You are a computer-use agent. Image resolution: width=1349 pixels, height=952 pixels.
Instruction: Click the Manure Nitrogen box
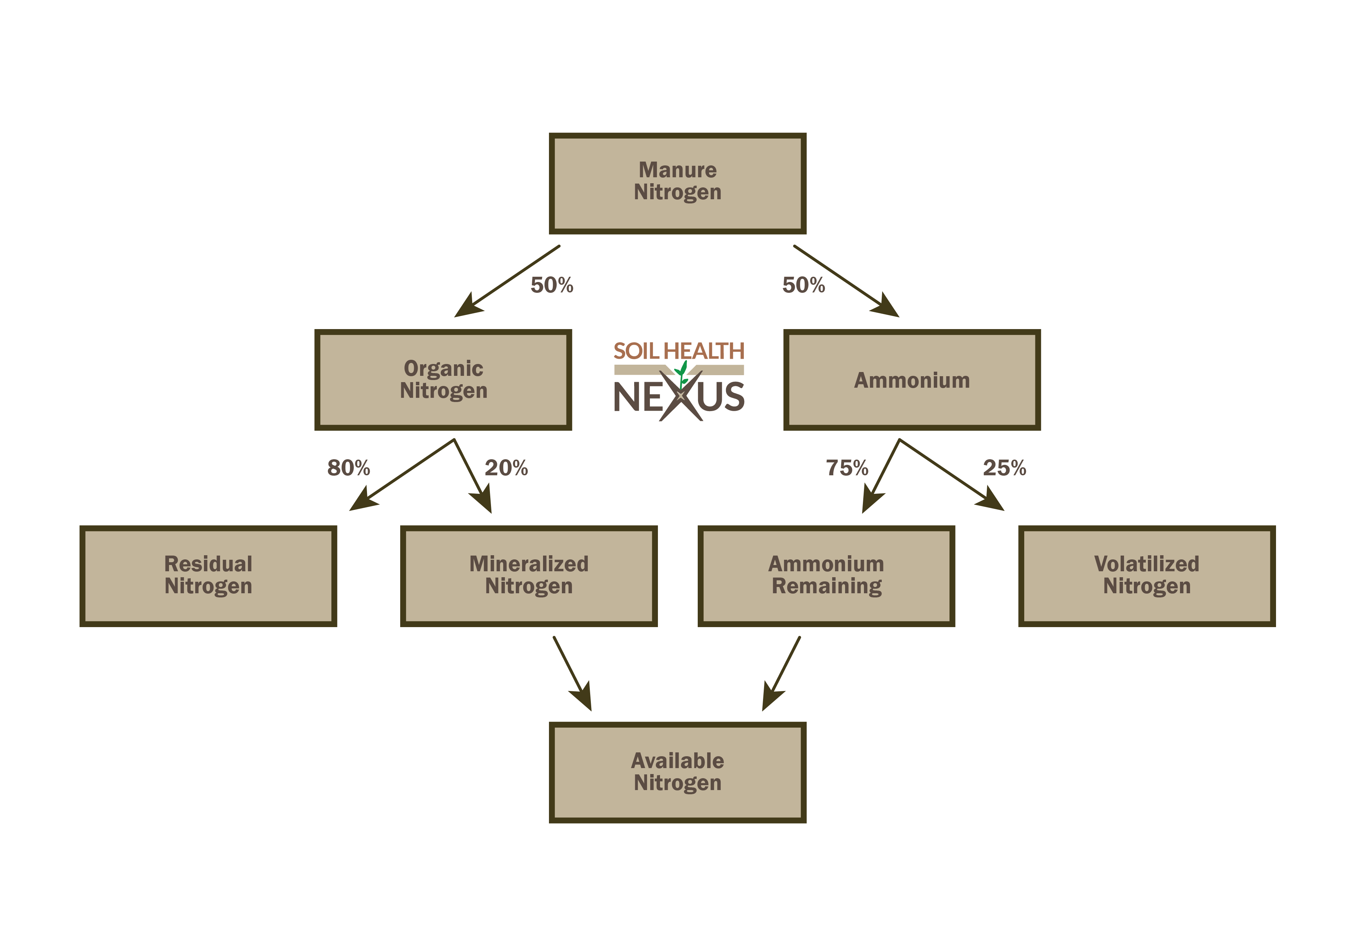[677, 183]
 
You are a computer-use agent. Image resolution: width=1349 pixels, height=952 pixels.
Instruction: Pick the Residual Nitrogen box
[208, 575]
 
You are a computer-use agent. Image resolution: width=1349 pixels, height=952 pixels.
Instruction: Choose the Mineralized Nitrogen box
[529, 575]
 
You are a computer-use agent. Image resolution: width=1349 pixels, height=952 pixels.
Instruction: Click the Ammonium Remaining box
[826, 575]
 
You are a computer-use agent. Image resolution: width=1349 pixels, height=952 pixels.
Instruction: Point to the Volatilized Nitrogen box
[1147, 575]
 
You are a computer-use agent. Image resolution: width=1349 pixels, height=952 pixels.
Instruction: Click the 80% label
[349, 468]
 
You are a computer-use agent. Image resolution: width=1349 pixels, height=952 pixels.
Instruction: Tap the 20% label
[506, 468]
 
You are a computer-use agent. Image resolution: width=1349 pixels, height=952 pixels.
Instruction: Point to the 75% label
[846, 468]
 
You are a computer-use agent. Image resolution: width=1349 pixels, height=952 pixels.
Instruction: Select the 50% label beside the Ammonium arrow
[803, 285]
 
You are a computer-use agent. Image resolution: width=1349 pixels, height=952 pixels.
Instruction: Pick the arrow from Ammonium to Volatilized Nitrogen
[952, 475]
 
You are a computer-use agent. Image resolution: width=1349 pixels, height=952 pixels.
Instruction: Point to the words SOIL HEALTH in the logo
[679, 351]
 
